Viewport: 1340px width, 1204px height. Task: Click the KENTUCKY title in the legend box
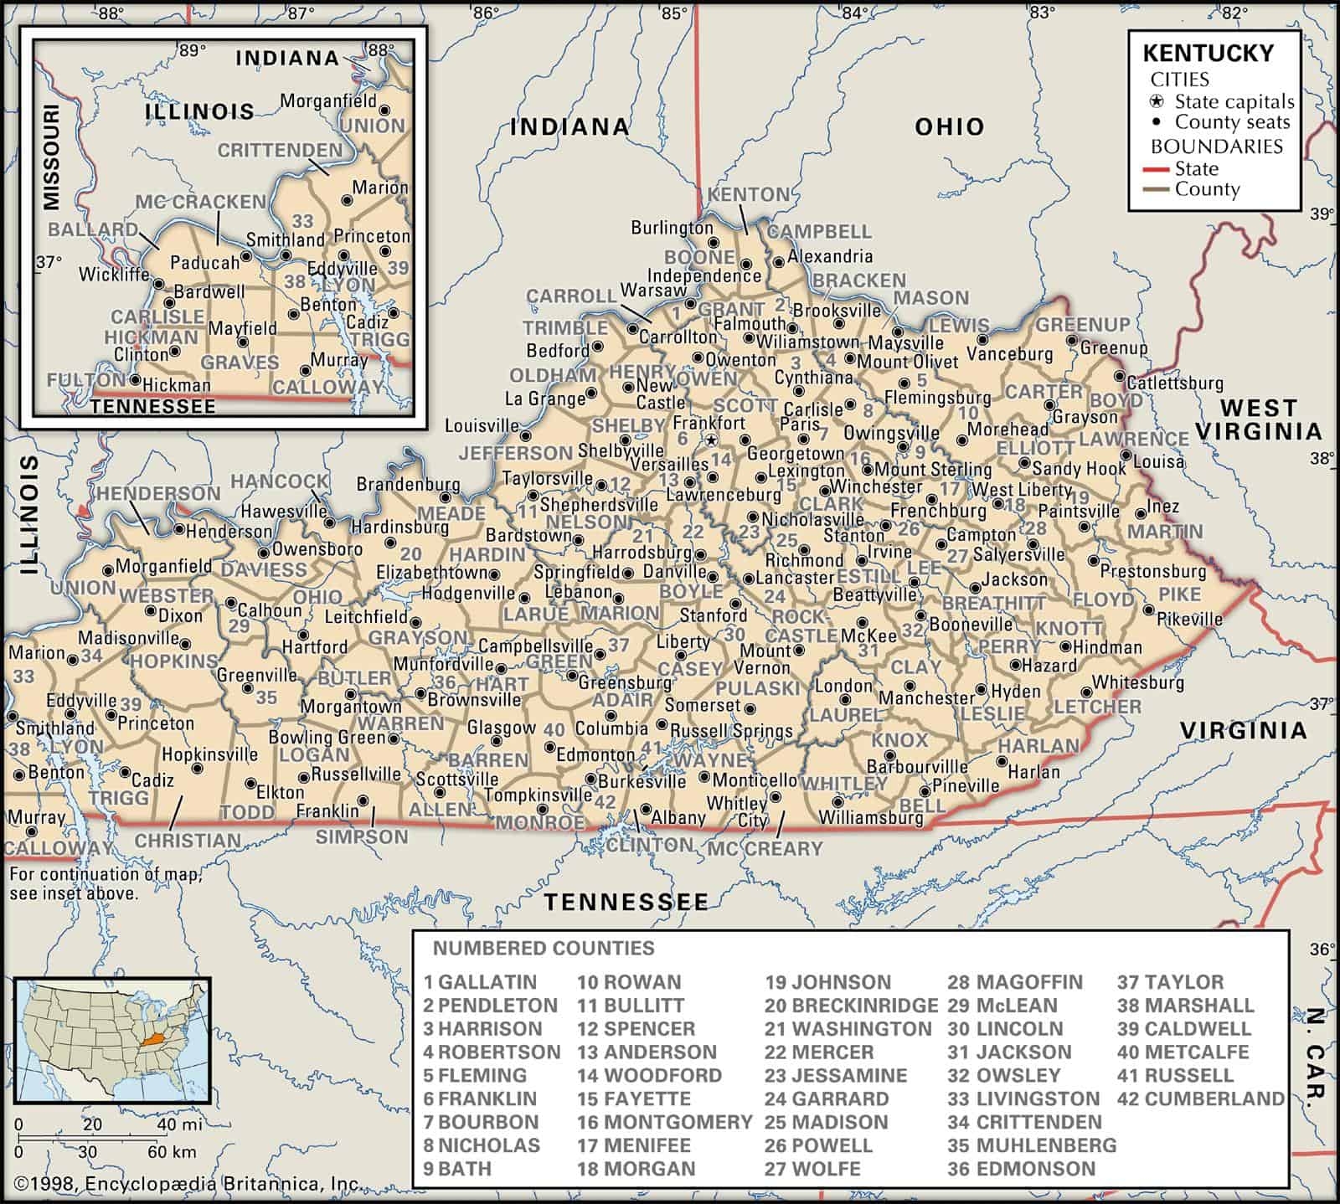click(1208, 53)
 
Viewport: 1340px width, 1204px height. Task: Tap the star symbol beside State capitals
click(1157, 102)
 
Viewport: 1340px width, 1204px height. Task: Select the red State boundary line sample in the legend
click(1156, 169)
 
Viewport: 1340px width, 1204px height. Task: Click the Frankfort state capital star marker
click(711, 440)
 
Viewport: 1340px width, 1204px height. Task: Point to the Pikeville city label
click(1189, 620)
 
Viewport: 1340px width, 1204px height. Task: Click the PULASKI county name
click(759, 687)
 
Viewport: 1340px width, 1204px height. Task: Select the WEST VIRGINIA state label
click(1258, 419)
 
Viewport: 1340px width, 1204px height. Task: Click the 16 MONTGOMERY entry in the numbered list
click(665, 1122)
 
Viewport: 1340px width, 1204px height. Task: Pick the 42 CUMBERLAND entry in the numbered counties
click(1200, 1099)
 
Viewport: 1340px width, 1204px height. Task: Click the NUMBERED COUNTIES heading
click(544, 948)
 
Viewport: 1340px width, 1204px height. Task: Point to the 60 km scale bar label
click(172, 1151)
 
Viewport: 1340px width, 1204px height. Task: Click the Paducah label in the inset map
click(204, 263)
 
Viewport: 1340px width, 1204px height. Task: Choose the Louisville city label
click(482, 426)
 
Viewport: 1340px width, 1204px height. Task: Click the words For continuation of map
click(106, 875)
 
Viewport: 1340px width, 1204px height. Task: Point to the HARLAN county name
click(1038, 745)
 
